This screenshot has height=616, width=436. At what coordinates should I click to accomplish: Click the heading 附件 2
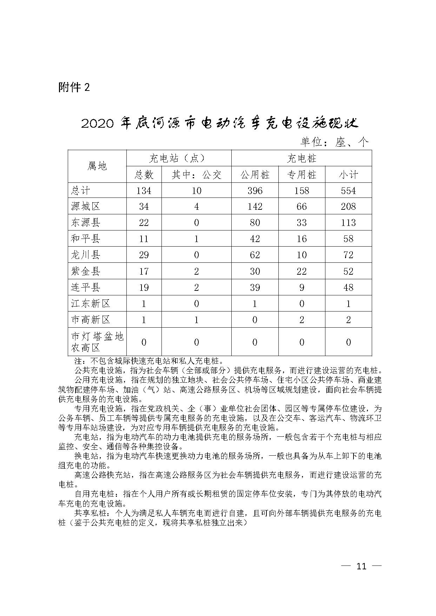[x=74, y=87]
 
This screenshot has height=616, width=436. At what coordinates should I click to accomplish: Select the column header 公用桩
[x=255, y=175]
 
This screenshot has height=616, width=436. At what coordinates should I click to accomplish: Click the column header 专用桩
[x=302, y=175]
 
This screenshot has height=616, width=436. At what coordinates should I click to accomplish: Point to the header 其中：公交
[x=196, y=175]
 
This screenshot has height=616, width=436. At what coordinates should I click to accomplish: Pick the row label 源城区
[x=86, y=206]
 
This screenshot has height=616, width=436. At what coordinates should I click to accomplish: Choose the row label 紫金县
[x=86, y=271]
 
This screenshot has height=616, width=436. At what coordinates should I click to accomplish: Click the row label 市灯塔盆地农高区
[x=97, y=342]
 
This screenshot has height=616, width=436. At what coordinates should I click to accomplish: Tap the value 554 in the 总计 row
[x=348, y=190]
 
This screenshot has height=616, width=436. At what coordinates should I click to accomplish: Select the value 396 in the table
[x=255, y=190]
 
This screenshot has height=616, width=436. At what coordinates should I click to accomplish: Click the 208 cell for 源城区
[x=348, y=206]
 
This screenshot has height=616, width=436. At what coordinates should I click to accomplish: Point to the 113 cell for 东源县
[x=348, y=222]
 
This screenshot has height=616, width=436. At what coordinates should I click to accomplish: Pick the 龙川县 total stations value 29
[x=144, y=255]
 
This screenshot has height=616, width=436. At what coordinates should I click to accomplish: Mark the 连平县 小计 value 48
[x=348, y=287]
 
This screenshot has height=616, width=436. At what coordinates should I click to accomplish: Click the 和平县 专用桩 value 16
[x=302, y=239]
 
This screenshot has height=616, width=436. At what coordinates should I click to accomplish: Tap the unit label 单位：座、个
[x=334, y=142]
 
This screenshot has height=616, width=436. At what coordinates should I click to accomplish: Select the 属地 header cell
[x=97, y=166]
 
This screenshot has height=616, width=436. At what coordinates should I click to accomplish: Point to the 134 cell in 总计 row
[x=144, y=190]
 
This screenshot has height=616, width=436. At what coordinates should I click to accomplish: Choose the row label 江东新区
[x=91, y=303]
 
